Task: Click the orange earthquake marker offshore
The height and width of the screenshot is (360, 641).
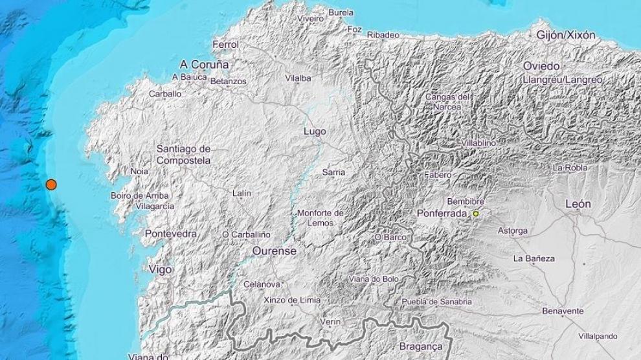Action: (x=51, y=185)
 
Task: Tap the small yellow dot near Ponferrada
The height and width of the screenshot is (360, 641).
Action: (x=476, y=214)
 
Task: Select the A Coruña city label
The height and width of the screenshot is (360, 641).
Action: (x=205, y=65)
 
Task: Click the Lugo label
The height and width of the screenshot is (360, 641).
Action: (x=315, y=131)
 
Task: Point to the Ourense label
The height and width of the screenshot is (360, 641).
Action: (x=275, y=251)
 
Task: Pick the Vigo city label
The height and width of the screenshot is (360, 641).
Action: (x=160, y=269)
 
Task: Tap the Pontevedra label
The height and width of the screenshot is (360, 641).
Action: (x=171, y=233)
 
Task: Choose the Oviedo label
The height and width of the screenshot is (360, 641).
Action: (x=541, y=66)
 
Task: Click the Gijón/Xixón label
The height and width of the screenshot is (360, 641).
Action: (x=566, y=36)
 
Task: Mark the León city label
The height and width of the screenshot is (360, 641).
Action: (x=578, y=204)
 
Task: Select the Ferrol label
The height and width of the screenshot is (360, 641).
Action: (x=225, y=45)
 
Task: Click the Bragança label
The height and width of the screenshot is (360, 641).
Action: (x=421, y=347)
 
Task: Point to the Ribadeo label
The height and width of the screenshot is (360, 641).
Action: (x=383, y=34)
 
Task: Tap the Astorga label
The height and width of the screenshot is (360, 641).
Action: (x=512, y=231)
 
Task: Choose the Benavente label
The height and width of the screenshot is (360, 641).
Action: (x=563, y=311)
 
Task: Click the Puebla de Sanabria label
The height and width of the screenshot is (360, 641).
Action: (x=436, y=302)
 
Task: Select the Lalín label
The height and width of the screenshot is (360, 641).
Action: (x=242, y=193)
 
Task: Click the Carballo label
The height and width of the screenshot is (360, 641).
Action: (x=165, y=94)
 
